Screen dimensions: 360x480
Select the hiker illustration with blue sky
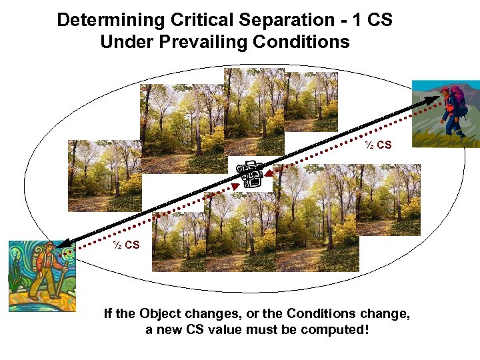click(x=445, y=113)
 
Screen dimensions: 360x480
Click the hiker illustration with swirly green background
click(x=42, y=275)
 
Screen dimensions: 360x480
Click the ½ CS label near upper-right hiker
click(x=378, y=145)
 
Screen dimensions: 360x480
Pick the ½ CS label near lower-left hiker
click(x=126, y=245)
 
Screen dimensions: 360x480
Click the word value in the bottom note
click(x=227, y=330)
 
